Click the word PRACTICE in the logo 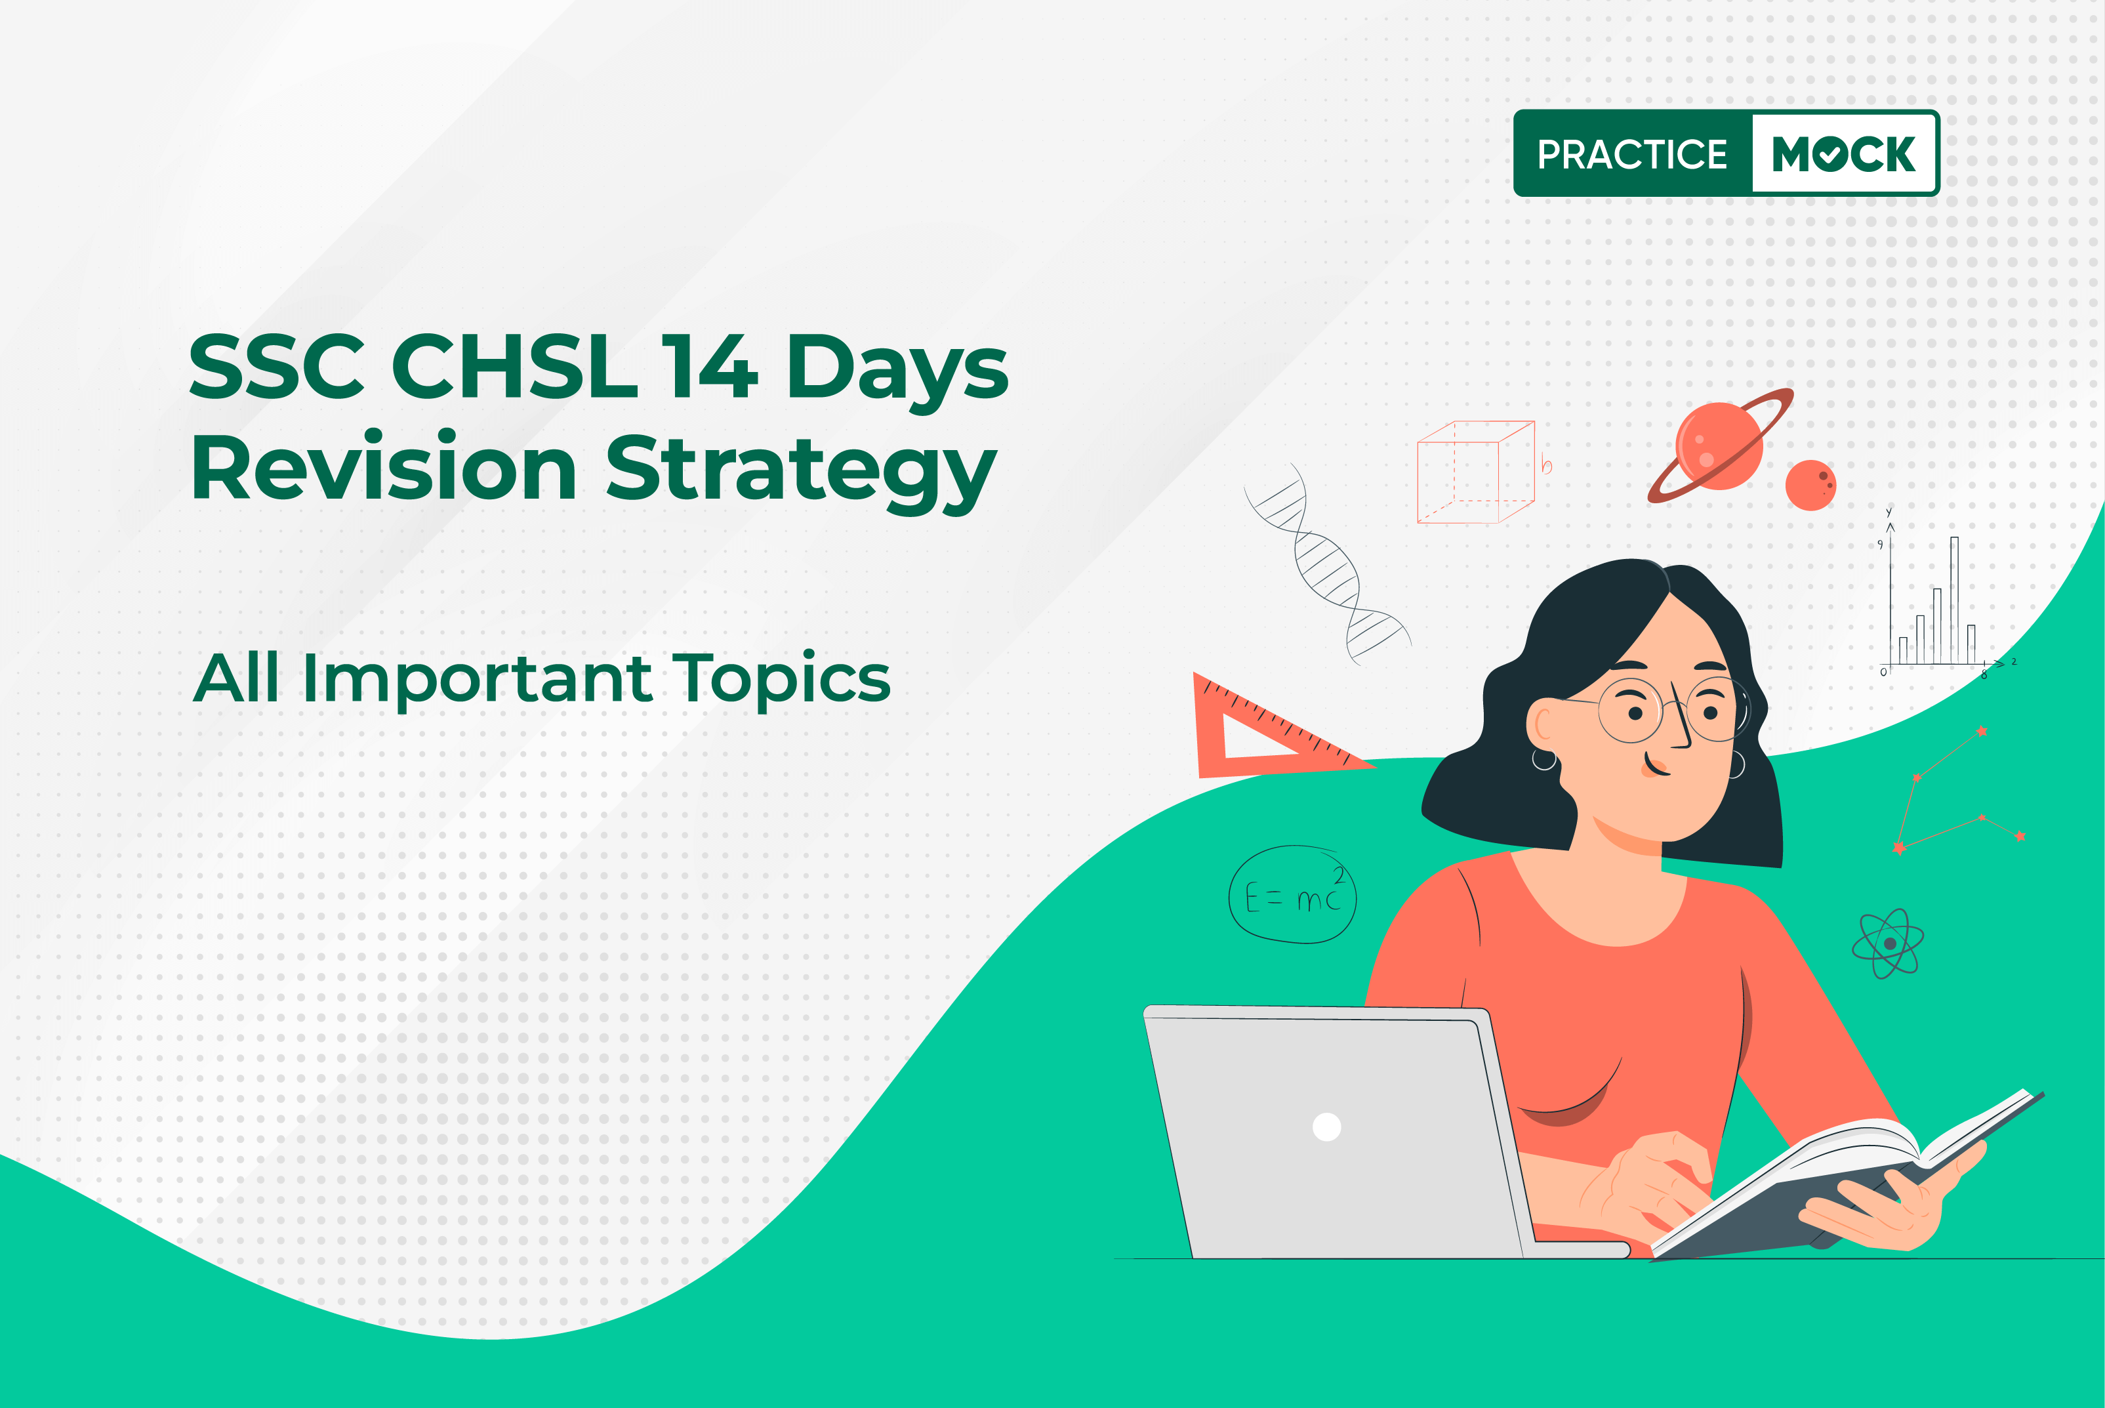tap(1632, 154)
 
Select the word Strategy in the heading tap(801, 472)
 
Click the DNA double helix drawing tap(1327, 564)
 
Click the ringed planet tap(1719, 445)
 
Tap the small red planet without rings tap(1810, 486)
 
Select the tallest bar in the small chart tap(1954, 600)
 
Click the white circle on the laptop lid tap(1327, 1126)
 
